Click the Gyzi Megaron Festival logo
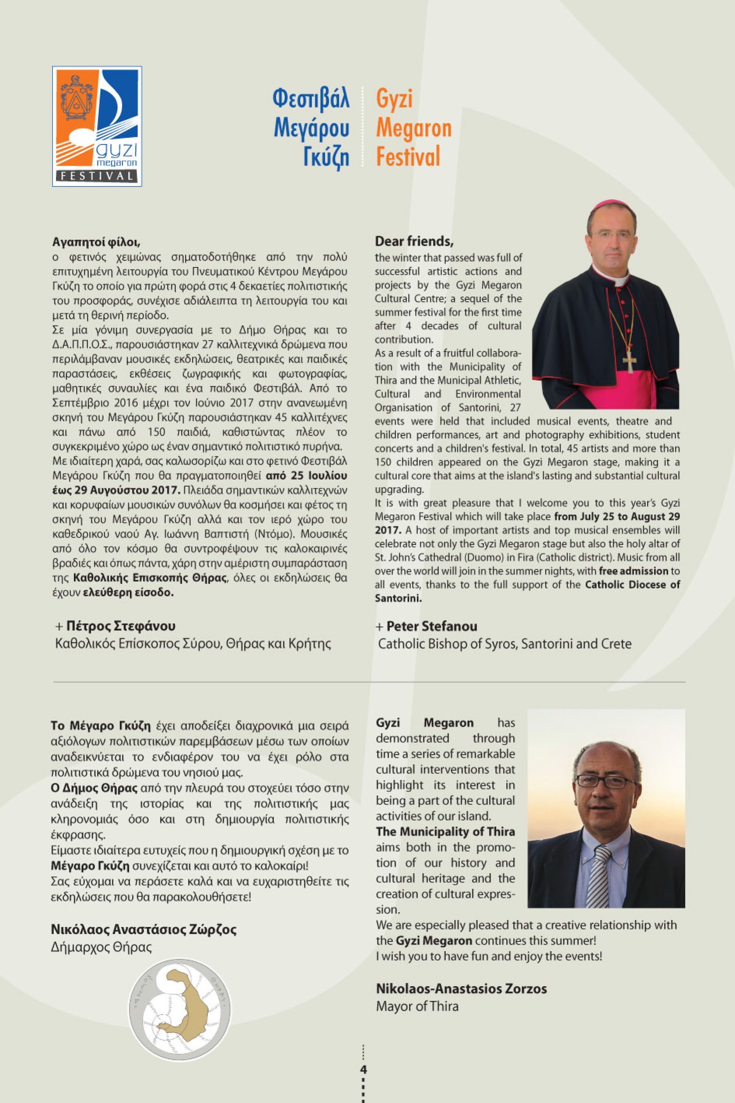[x=97, y=126]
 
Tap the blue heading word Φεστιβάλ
[x=311, y=99]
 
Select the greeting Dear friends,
[x=414, y=242]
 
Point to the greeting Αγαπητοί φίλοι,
[x=96, y=243]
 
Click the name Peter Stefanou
[x=431, y=626]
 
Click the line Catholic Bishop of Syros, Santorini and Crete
[x=504, y=643]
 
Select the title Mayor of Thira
[x=417, y=1006]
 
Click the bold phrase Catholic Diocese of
[x=633, y=585]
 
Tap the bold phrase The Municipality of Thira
[x=445, y=831]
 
